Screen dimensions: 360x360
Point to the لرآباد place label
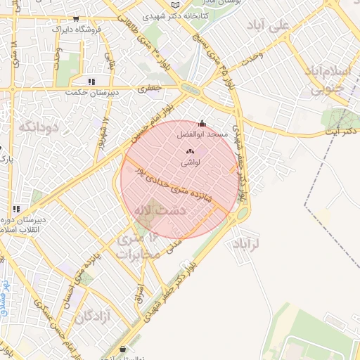(x=245, y=243)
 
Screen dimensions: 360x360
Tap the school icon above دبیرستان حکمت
(x=91, y=81)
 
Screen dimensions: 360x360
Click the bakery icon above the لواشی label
(x=188, y=150)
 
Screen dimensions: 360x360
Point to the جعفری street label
(x=151, y=89)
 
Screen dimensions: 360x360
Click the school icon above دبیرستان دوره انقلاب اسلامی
(x=16, y=208)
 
